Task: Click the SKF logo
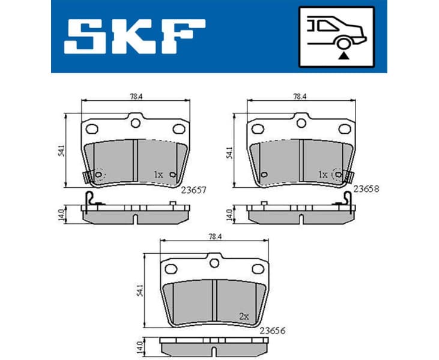point(134,36)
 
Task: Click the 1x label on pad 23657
point(158,174)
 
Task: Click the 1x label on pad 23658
point(323,174)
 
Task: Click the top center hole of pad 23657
point(136,123)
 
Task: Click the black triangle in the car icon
point(343,55)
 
